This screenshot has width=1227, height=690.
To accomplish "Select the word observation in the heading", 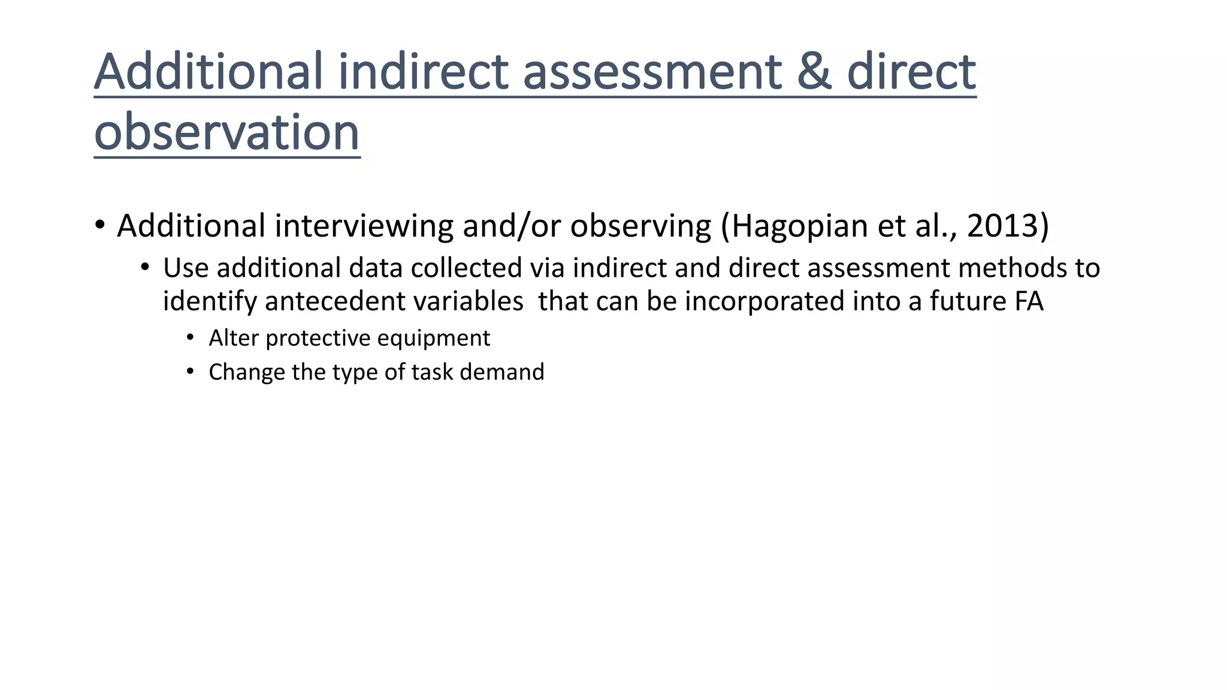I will pos(227,132).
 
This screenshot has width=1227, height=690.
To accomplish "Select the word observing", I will pos(640,226).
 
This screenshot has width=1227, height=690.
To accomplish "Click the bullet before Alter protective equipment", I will pos(190,338).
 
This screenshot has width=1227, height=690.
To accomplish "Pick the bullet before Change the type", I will pos(190,371).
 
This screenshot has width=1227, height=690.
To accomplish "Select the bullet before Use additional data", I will pos(144,267).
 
